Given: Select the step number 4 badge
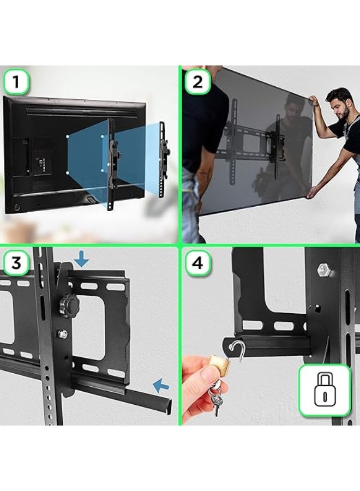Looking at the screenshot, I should pos(197,263).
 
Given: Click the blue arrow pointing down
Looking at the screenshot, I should pos(81,260).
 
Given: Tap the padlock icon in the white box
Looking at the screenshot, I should pos(324,390).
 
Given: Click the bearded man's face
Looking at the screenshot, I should pos(341,107).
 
